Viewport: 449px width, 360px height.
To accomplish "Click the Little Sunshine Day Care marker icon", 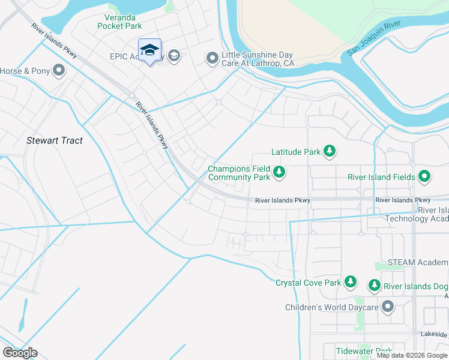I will (212, 58).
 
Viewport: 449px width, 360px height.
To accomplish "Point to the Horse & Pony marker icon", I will (59, 71).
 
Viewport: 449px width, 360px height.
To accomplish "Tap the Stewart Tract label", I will (55, 140).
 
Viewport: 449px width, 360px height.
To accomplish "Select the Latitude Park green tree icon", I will (329, 152).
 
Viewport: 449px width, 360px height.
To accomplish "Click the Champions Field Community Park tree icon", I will (279, 173).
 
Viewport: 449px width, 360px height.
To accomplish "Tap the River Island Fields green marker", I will (424, 176).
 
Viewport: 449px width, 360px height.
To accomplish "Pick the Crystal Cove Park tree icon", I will (350, 282).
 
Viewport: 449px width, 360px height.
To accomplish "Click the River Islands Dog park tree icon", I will (374, 286).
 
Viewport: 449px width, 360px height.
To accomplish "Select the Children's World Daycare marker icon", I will (387, 307).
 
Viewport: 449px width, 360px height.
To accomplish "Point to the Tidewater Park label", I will (364, 351).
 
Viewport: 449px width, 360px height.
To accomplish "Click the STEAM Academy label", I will (418, 262).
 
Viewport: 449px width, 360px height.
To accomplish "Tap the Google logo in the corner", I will (20, 352).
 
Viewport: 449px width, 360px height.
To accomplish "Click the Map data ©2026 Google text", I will (412, 355).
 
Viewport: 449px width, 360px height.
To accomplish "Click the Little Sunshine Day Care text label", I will (258, 58).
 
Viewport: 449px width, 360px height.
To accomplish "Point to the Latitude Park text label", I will (296, 152).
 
